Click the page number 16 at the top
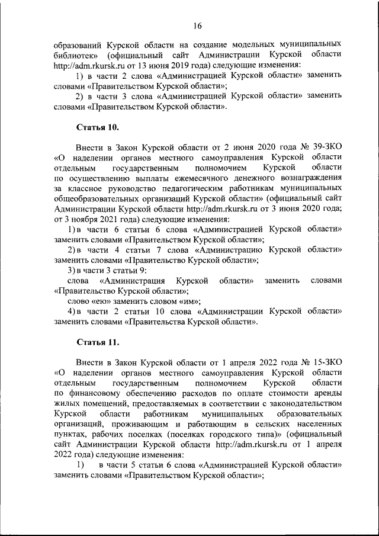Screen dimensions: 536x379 (197, 25)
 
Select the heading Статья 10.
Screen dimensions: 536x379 (98, 127)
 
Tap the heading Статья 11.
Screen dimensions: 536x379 (98, 342)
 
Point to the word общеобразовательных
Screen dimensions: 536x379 (99, 199)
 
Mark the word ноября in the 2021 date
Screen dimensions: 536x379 (77, 220)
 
